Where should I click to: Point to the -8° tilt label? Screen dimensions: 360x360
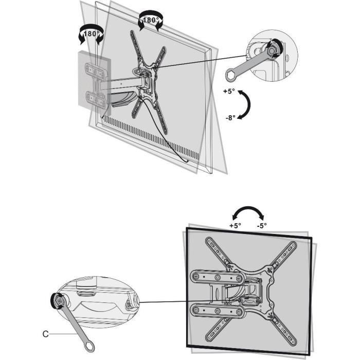pyautogui.click(x=230, y=117)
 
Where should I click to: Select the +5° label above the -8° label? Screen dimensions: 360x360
pyautogui.click(x=229, y=91)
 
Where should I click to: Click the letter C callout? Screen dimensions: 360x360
pyautogui.click(x=45, y=334)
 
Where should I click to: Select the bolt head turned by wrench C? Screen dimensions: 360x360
pyautogui.click(x=56, y=300)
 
